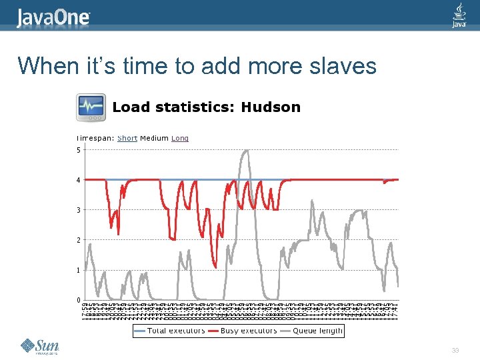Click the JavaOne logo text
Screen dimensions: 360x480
tap(53, 17)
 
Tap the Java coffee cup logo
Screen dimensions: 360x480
tap(459, 16)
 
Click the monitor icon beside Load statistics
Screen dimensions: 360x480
tap(91, 107)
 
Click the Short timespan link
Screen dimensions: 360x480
tap(127, 139)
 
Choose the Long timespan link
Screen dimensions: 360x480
tap(180, 139)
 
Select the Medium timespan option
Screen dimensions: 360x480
tap(154, 139)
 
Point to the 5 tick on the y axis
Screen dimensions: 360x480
tap(78, 150)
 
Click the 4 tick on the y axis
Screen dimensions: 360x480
tap(78, 180)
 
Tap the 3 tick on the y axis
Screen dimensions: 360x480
tap(78, 210)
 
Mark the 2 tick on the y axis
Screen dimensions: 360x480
tap(78, 240)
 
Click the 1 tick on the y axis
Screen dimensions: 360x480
tap(78, 270)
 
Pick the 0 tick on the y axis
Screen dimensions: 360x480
tap(78, 300)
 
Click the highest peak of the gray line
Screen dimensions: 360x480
tap(246, 151)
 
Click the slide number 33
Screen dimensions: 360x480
tap(455, 351)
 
